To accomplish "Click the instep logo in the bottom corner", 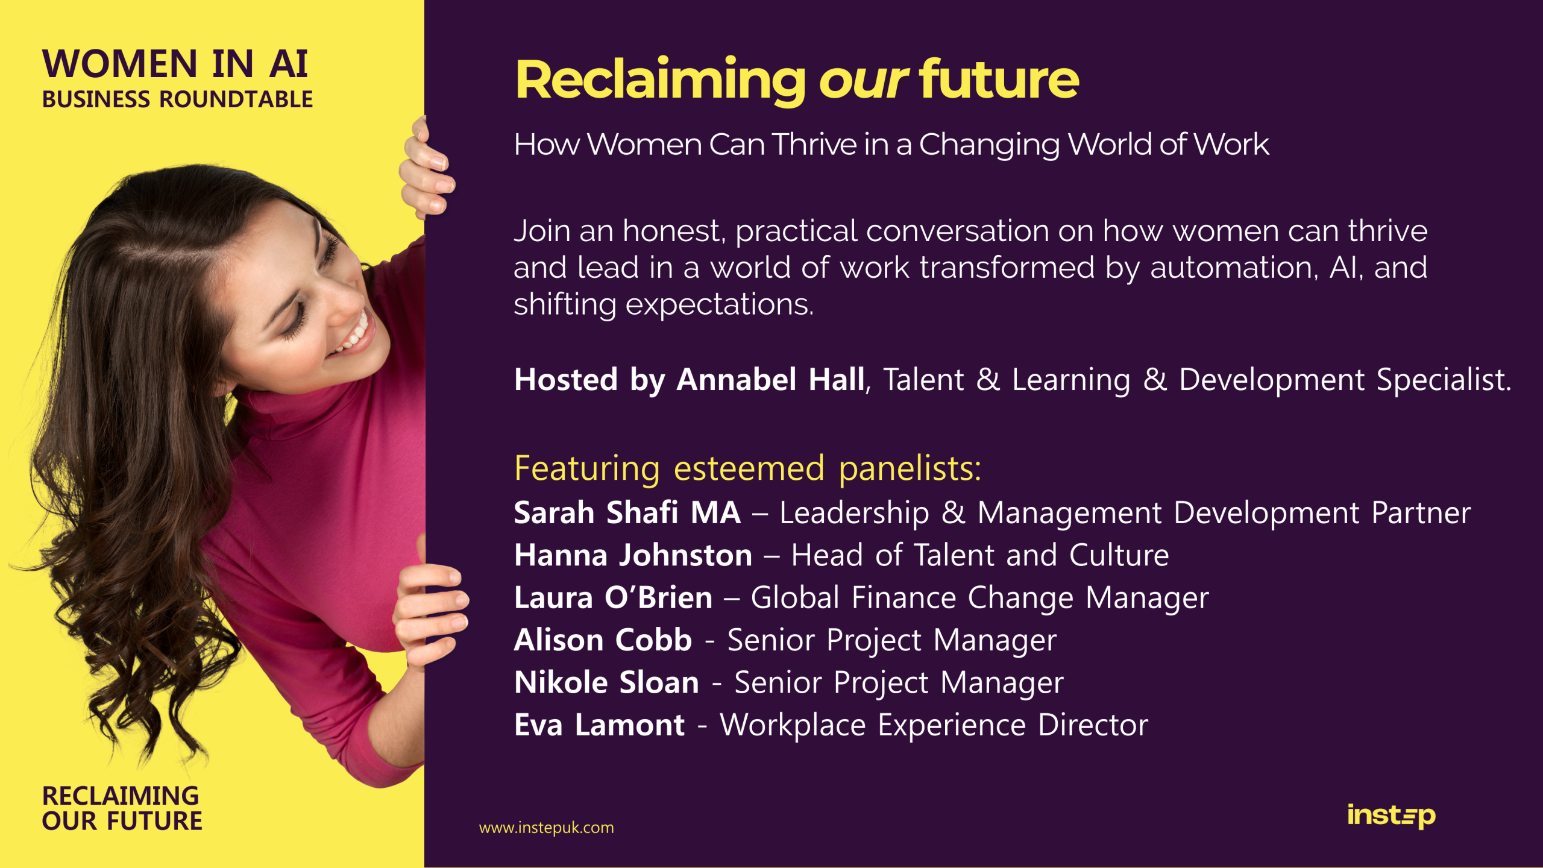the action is [1391, 816].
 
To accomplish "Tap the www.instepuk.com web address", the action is [546, 828].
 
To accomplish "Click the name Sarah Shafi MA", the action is [627, 512].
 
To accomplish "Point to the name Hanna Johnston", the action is [633, 555].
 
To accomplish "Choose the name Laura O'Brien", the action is [613, 597].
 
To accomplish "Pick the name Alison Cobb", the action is [603, 640].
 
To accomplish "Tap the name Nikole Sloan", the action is [606, 682].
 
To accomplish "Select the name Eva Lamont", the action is [599, 725].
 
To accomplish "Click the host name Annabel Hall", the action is [770, 380].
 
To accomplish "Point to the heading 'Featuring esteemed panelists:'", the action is [747, 468].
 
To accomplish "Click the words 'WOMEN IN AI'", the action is [175, 64].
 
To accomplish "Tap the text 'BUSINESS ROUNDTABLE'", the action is [177, 99].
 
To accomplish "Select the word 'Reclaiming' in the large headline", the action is [661, 81].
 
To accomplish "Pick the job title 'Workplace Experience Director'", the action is [934, 725].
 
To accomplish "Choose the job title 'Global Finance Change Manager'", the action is [980, 598].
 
